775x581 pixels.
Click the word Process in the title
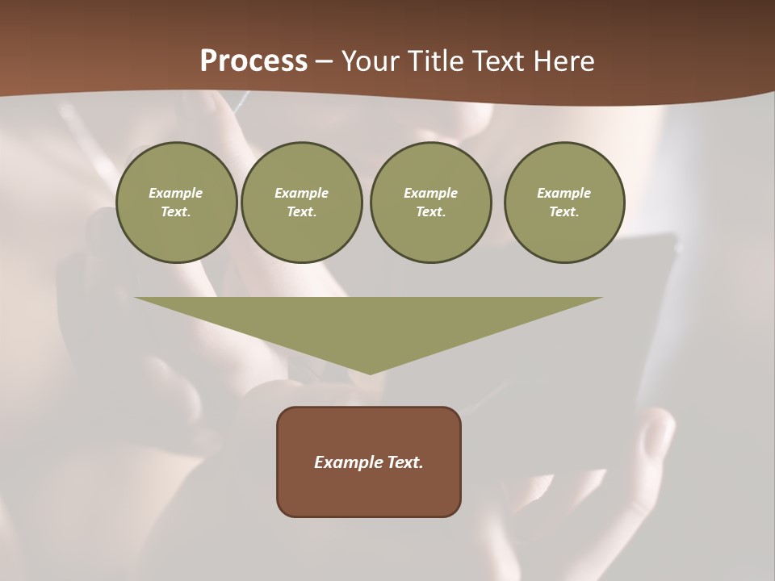point(253,61)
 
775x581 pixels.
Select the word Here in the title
point(563,61)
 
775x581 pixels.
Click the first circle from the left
point(176,203)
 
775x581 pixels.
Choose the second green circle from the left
point(302,203)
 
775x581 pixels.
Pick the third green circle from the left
point(431,203)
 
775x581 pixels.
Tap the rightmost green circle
point(564,203)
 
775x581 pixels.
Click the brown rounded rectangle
point(369,492)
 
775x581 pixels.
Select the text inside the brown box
point(369,462)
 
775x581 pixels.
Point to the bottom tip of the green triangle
point(370,373)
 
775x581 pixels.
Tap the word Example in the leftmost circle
point(176,193)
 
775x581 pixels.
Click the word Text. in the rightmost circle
point(564,212)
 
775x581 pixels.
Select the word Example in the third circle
point(431,193)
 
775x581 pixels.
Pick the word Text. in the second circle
point(302,212)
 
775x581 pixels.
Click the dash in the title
point(325,61)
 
